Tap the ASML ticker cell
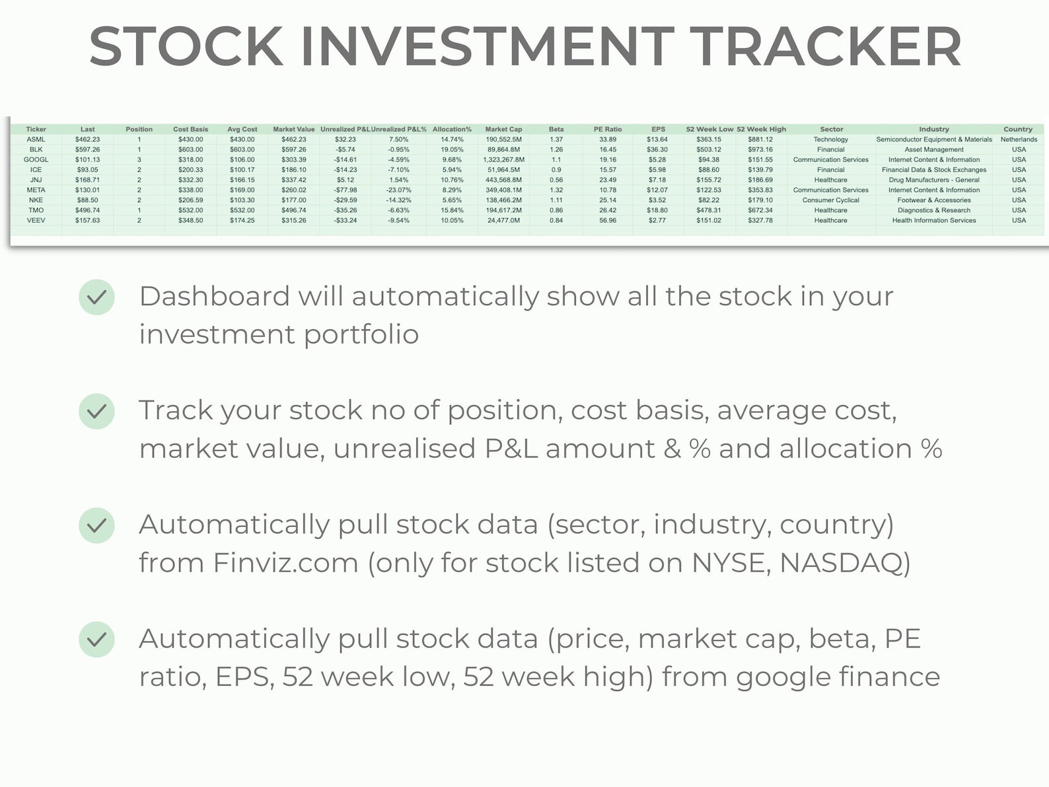36,139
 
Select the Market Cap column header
503,130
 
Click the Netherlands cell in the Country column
1019,139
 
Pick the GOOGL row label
36,160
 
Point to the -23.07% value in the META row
398,190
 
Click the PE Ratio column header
608,130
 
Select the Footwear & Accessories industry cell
933,200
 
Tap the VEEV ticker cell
36,221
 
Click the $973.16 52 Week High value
760,150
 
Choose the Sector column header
831,130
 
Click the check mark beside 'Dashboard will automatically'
97,297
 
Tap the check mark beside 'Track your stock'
97,412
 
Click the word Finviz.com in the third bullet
285,564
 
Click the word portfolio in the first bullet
361,335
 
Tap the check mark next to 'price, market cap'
97,640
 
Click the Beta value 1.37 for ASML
556,139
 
